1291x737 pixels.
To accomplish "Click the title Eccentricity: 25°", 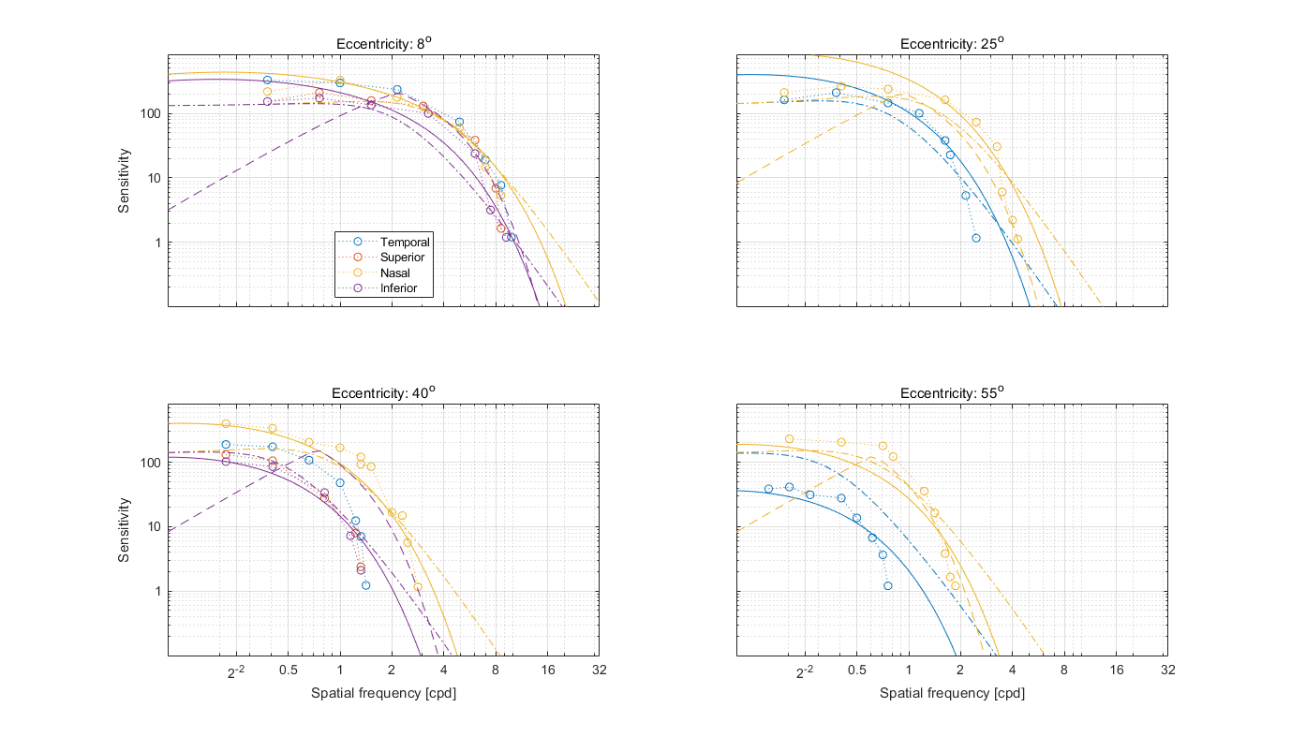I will click(952, 44).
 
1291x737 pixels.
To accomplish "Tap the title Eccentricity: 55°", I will click(952, 392).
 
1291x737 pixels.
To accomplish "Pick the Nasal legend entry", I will click(395, 273).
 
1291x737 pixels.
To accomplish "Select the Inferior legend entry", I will click(398, 287).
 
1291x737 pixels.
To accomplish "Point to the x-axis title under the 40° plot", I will click(383, 694).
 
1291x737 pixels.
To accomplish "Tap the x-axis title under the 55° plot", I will click(952, 694).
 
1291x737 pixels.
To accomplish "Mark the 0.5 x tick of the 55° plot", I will click(856, 670).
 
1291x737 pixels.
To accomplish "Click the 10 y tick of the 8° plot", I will click(156, 178).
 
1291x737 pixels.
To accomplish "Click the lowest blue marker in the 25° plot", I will click(975, 238).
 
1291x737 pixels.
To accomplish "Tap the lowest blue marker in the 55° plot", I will click(887, 585).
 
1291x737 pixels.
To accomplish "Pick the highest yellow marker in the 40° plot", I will click(226, 423).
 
